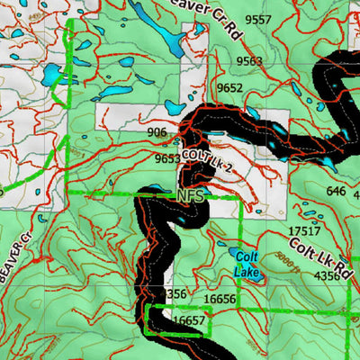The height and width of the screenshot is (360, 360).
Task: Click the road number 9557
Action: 258,19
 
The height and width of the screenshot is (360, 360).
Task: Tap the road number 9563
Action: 250,61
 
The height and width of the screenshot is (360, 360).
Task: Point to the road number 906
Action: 157,132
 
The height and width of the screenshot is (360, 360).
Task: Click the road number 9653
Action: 166,159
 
